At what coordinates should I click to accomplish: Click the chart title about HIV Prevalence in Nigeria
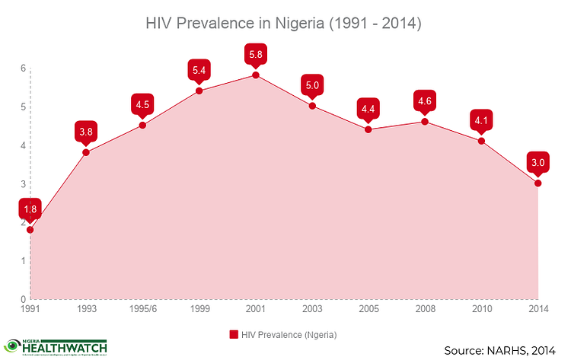click(x=284, y=24)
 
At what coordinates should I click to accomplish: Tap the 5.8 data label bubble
click(x=255, y=55)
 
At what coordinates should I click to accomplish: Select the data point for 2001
click(x=255, y=75)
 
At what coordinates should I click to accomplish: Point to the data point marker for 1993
click(x=86, y=152)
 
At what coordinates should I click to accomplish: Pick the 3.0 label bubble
click(x=538, y=163)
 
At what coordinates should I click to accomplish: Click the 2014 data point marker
click(x=538, y=183)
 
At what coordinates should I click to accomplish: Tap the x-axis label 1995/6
click(x=142, y=311)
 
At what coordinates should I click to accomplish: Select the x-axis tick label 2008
click(x=425, y=311)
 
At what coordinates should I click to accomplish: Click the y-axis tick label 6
click(x=24, y=68)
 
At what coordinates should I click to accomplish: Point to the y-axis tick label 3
click(x=24, y=184)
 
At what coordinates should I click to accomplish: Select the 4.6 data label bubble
click(x=425, y=101)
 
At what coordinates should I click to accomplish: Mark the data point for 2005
click(x=368, y=129)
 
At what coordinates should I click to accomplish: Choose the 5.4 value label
click(x=199, y=71)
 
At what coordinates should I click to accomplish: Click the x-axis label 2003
click(x=312, y=311)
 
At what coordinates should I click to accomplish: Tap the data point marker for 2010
click(x=481, y=141)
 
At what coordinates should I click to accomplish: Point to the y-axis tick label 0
click(x=24, y=299)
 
